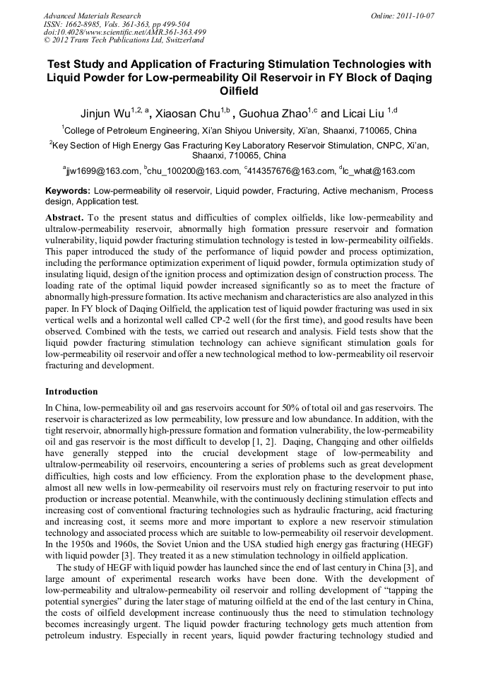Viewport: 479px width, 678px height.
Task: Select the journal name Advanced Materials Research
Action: point(92,16)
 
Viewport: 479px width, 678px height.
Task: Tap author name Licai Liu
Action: point(365,113)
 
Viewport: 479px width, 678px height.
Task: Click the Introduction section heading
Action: point(71,391)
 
